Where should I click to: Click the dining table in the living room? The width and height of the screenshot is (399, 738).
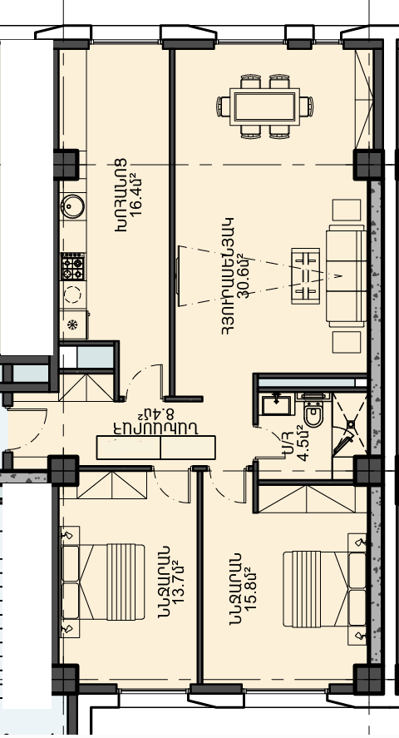(264, 106)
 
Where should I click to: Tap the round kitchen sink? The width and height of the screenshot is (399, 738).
(73, 206)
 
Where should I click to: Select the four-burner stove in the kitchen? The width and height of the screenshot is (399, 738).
(73, 266)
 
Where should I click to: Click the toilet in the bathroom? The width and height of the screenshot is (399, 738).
(313, 411)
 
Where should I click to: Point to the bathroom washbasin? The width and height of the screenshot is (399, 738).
(278, 404)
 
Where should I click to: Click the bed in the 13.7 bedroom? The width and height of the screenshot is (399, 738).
(103, 582)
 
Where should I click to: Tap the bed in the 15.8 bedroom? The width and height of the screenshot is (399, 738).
(324, 589)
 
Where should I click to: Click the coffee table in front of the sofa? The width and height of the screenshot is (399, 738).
(305, 275)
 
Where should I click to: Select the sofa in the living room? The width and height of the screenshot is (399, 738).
(347, 275)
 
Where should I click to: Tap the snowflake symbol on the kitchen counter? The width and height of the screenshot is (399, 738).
(72, 324)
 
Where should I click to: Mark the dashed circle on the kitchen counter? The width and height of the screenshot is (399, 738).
(72, 295)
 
